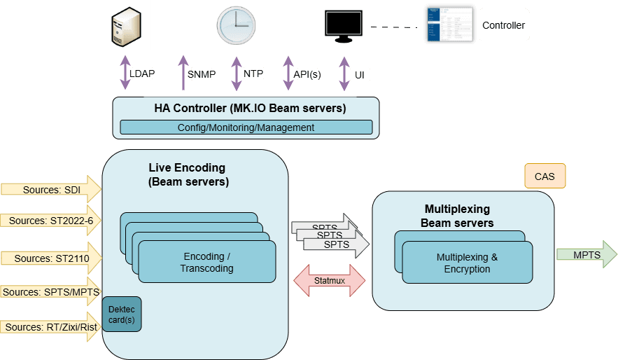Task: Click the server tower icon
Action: pyautogui.click(x=125, y=25)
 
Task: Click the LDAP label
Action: pyautogui.click(x=142, y=73)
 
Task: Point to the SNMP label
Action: pyautogui.click(x=202, y=74)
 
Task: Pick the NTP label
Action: pyautogui.click(x=253, y=73)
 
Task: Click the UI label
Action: pyautogui.click(x=359, y=75)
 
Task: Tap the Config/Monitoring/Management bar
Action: pyautogui.click(x=246, y=127)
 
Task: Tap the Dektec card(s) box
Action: pyautogui.click(x=122, y=314)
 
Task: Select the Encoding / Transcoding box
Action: pyautogui.click(x=206, y=263)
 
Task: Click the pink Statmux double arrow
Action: pyautogui.click(x=329, y=280)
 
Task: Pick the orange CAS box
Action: pyautogui.click(x=545, y=176)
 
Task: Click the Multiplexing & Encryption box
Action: pyautogui.click(x=467, y=263)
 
